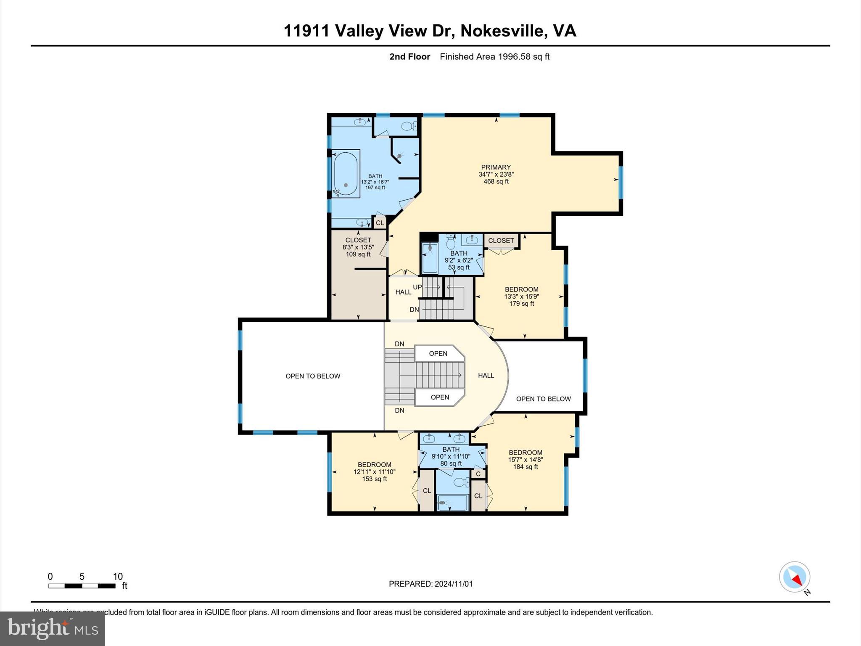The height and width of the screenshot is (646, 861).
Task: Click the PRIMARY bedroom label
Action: click(496, 174)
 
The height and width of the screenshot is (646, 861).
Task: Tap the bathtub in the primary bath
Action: click(346, 173)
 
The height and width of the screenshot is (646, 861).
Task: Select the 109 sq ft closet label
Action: click(358, 247)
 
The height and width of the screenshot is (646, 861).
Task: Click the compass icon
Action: click(794, 577)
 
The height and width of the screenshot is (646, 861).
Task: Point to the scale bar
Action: click(82, 585)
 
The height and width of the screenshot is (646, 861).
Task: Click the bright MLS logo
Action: click(53, 628)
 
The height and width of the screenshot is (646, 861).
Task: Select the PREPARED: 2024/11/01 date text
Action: click(430, 584)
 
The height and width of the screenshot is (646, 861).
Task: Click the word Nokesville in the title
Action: click(501, 31)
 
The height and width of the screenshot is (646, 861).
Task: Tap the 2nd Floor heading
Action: click(409, 57)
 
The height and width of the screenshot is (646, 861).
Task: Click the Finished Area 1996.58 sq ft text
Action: click(494, 57)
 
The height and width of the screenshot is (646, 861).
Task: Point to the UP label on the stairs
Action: click(417, 287)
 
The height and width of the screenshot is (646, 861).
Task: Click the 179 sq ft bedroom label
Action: click(521, 296)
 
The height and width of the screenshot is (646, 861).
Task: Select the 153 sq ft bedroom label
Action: click(374, 471)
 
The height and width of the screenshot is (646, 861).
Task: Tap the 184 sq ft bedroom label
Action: click(525, 460)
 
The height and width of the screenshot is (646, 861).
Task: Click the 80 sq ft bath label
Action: click(451, 456)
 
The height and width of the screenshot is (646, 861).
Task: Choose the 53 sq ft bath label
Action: click(459, 260)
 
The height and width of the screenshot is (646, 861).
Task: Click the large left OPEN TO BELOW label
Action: click(313, 376)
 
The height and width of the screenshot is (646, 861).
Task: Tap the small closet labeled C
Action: click(478, 474)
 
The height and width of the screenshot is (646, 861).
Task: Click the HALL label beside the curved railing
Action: click(486, 376)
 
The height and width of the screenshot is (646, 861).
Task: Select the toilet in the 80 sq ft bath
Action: click(461, 482)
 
